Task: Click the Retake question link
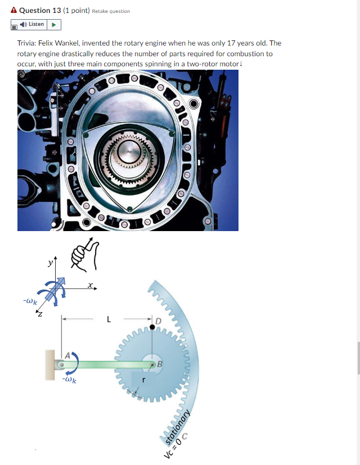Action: (x=111, y=11)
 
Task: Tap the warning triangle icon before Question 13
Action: (x=14, y=11)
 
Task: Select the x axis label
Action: (x=90, y=286)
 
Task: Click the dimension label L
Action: (x=109, y=319)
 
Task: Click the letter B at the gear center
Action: (x=160, y=364)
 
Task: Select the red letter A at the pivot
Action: (x=67, y=355)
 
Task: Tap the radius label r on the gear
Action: (x=144, y=380)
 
